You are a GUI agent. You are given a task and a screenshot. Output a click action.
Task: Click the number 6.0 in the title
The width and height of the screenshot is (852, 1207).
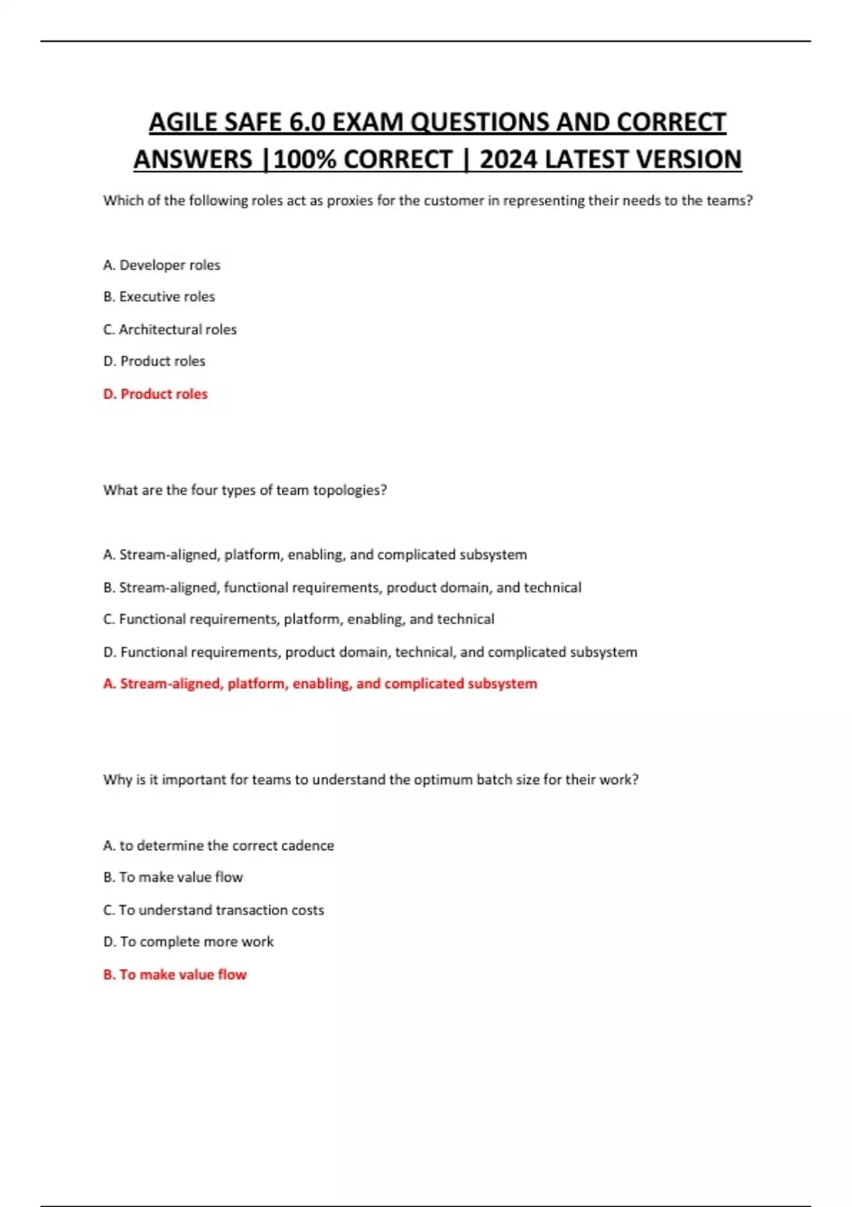tap(307, 122)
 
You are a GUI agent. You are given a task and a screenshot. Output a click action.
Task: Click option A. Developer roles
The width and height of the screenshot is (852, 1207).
tap(162, 265)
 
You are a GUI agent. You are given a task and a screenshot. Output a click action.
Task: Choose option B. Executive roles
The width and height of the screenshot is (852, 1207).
tap(159, 297)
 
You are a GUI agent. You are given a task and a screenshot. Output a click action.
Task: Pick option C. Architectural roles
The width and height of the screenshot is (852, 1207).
tap(170, 329)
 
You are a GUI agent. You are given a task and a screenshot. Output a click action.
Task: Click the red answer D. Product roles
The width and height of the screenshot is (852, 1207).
tap(155, 394)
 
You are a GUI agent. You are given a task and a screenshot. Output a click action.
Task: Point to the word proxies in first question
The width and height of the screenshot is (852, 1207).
tap(349, 201)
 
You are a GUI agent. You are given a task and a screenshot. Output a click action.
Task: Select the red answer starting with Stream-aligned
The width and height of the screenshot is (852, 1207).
tap(320, 684)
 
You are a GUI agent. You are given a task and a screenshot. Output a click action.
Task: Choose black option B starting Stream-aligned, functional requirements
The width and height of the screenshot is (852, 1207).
tap(342, 588)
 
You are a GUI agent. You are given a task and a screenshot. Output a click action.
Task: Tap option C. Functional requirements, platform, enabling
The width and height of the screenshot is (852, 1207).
tap(299, 619)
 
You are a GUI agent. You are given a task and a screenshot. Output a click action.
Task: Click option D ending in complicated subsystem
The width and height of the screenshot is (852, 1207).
tap(370, 652)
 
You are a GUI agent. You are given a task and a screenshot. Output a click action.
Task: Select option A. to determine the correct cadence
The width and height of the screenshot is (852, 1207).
tap(219, 846)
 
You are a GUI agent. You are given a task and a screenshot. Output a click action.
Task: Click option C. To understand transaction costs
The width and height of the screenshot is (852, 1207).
tap(214, 910)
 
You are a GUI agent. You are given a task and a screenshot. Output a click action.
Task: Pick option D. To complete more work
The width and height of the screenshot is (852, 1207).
tap(188, 942)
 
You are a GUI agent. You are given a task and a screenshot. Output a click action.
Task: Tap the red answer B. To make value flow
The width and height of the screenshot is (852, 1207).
tap(175, 975)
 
